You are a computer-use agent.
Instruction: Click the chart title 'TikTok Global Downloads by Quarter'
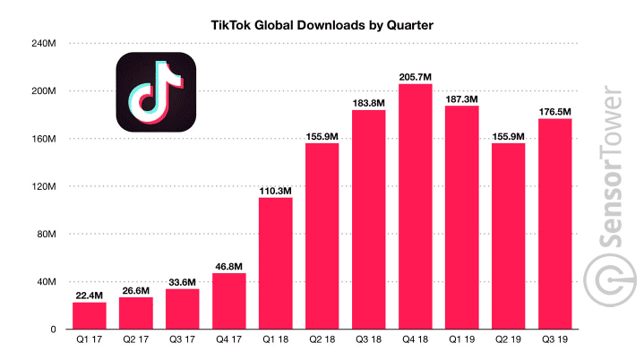tap(321, 26)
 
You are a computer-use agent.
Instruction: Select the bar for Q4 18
tap(416, 206)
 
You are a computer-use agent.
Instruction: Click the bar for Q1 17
tap(90, 315)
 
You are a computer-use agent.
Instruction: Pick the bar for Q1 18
tap(276, 263)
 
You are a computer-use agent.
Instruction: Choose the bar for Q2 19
tap(509, 236)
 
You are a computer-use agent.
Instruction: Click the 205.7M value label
tap(416, 75)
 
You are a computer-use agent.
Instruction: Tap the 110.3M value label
tap(276, 190)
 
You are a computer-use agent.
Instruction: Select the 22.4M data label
tap(90, 295)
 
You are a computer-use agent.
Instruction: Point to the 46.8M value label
tap(229, 266)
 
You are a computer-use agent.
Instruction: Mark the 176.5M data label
tap(555, 111)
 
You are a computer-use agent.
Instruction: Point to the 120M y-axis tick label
tap(45, 187)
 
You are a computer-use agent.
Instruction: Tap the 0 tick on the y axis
tap(55, 330)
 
